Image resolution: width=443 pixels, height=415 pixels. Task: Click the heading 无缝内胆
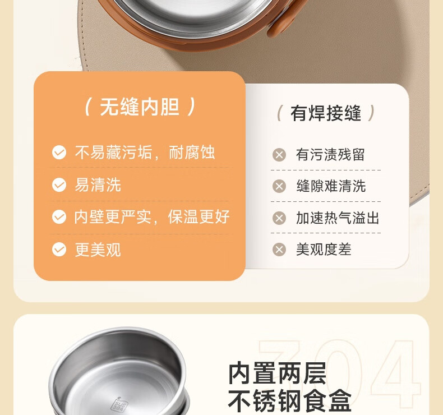[140, 107]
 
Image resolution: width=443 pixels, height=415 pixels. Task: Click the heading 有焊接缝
[326, 113]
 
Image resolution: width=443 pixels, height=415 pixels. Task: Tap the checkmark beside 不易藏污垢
[59, 153]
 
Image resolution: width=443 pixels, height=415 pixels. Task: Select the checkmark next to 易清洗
[59, 185]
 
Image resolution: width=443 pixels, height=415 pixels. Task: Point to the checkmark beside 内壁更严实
[59, 217]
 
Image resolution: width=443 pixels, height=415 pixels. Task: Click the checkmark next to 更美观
[59, 250]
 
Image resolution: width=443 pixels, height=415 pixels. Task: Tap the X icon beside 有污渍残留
[279, 155]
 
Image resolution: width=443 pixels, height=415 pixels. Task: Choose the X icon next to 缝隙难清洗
[279, 186]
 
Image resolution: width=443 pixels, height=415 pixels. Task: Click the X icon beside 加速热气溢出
[279, 218]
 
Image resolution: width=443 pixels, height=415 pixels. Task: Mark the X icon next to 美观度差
[279, 250]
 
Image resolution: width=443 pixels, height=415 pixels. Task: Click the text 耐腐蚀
[192, 153]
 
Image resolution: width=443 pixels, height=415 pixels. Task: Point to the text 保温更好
[199, 217]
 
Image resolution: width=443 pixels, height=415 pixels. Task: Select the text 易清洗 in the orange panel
[98, 185]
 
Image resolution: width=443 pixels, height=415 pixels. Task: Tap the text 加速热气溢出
[338, 218]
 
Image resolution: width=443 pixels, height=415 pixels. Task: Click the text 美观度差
[324, 250]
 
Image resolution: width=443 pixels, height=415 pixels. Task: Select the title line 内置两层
[277, 374]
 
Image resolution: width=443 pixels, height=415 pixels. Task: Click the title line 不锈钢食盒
[289, 400]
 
